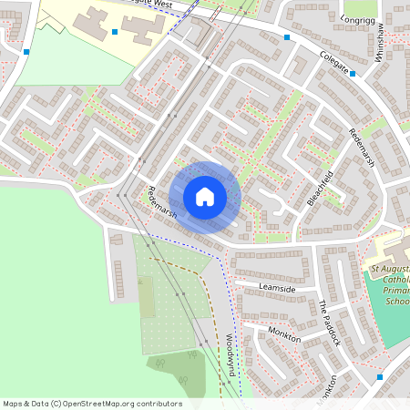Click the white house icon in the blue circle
(205, 196)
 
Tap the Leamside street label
(277, 287)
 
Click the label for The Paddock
(328, 323)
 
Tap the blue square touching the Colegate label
(353, 74)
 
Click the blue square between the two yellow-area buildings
(115, 31)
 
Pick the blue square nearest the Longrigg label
(287, 37)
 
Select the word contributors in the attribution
(159, 403)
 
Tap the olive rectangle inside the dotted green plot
(147, 297)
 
